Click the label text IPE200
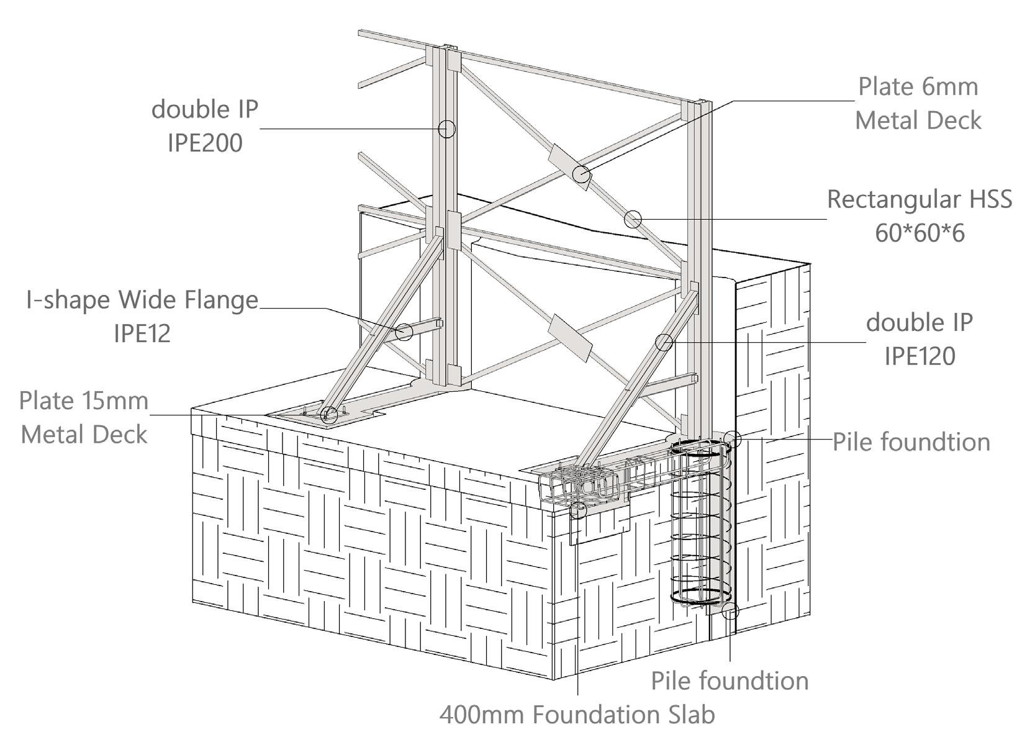[x=205, y=143]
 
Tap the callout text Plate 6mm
[x=918, y=87]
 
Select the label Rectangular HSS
[x=919, y=199]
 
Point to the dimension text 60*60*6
[x=920, y=233]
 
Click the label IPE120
[x=920, y=356]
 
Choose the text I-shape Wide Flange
[x=142, y=300]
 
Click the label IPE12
[x=142, y=334]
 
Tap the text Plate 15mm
[x=84, y=400]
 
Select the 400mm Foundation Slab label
[x=577, y=715]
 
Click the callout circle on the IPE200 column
[x=446, y=129]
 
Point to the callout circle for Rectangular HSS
[x=632, y=219]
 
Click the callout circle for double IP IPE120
[x=664, y=342]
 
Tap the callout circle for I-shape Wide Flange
[x=404, y=332]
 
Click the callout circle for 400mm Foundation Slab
[x=578, y=510]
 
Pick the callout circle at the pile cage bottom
[x=730, y=611]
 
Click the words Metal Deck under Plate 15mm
[x=84, y=435]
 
